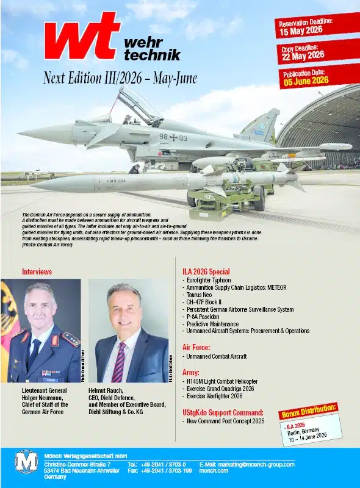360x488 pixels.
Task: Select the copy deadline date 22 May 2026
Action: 303,56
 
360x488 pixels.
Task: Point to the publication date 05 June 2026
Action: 305,81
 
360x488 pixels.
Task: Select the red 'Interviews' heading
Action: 37,271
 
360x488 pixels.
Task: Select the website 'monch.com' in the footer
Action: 214,471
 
